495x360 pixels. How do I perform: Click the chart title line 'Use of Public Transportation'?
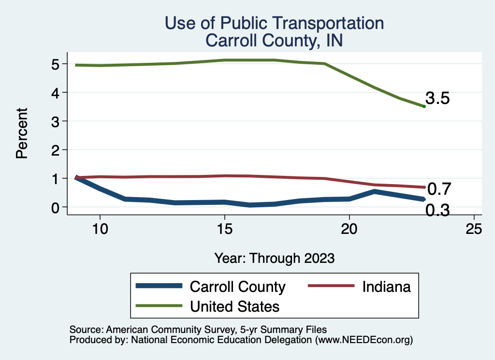(274, 23)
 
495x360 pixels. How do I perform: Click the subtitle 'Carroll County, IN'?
(274, 40)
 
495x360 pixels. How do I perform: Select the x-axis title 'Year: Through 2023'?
(274, 258)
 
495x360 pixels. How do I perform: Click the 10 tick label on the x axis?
(100, 229)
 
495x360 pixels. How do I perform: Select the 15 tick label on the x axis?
(224, 229)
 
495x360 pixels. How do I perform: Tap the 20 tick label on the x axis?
(349, 229)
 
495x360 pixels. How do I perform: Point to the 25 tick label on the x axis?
(474, 229)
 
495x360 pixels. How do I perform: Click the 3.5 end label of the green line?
(438, 99)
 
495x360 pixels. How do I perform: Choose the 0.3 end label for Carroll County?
(438, 211)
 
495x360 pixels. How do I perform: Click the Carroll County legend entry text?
(238, 287)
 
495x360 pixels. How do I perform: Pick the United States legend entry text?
(235, 306)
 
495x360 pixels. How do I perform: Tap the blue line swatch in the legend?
(160, 287)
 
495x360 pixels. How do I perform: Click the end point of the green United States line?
(424, 106)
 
